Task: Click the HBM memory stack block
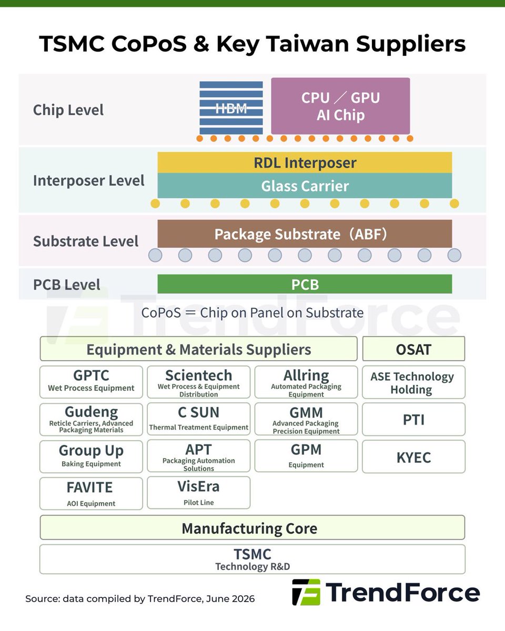[x=231, y=108]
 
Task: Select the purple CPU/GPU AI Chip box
[x=340, y=106]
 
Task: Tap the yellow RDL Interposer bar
[x=305, y=162]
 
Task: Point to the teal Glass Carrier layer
[x=305, y=186]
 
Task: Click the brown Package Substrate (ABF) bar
[x=305, y=233]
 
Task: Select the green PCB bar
[x=305, y=284]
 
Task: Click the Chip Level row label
[x=68, y=110]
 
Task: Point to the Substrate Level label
[x=86, y=241]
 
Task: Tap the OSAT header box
[x=414, y=349]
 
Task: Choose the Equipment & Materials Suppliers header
[x=199, y=349]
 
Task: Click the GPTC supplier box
[x=91, y=382]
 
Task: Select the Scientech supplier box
[x=199, y=382]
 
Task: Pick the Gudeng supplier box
[x=91, y=419]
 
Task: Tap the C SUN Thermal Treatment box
[x=199, y=419]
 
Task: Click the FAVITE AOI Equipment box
[x=91, y=493]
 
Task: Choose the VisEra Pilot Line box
[x=199, y=493]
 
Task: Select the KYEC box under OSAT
[x=414, y=456]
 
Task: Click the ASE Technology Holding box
[x=414, y=382]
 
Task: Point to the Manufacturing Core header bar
[x=252, y=527]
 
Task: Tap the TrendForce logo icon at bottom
[x=306, y=592]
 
